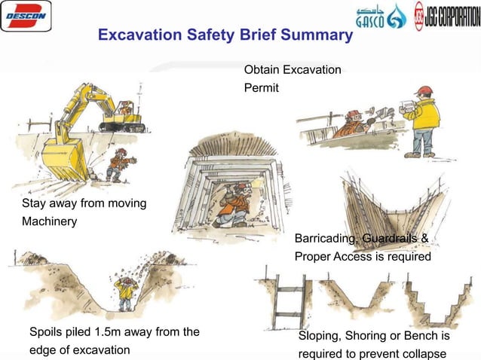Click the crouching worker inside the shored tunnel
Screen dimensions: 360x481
[x=232, y=203]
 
